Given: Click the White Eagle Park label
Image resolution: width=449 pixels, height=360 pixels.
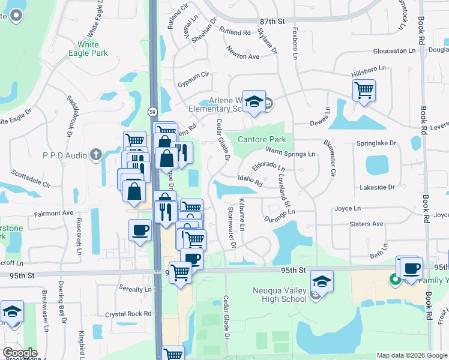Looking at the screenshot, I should pyautogui.click(x=92, y=49).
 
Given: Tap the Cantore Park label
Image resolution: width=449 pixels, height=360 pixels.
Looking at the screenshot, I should pyautogui.click(x=261, y=139).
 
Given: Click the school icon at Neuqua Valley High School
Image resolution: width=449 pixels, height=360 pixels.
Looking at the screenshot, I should pyautogui.click(x=322, y=281).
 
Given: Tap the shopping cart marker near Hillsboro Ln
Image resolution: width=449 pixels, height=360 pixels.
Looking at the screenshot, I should pyautogui.click(x=364, y=91).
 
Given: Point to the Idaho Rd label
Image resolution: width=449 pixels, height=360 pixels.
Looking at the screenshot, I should pyautogui.click(x=250, y=179).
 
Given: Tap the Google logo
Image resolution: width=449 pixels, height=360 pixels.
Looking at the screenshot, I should pyautogui.click(x=19, y=353).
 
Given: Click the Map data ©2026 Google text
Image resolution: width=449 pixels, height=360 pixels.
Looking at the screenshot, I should pyautogui.click(x=411, y=355).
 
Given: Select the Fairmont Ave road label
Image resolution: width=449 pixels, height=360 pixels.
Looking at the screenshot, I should pyautogui.click(x=53, y=213).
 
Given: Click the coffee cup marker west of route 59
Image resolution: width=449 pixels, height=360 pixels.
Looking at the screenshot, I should pyautogui.click(x=140, y=230).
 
